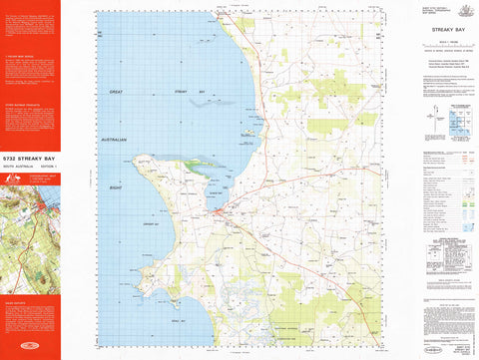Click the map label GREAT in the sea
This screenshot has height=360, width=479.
pyautogui.click(x=115, y=91)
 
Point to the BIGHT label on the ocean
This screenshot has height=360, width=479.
pyautogui.click(x=115, y=185)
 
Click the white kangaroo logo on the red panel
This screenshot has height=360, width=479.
pyautogui.click(x=13, y=180)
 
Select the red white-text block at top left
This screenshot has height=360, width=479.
pyautogui.click(x=30, y=25)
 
